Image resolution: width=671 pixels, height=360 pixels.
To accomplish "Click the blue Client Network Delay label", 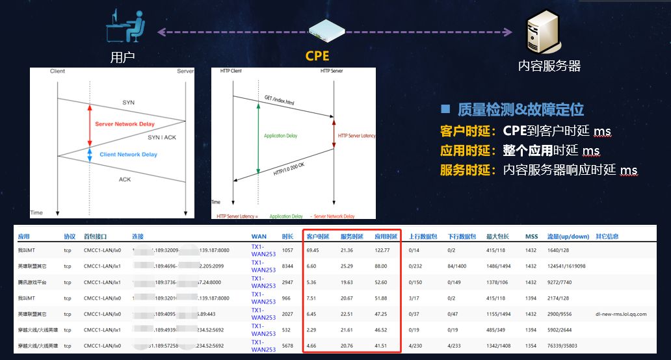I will (128, 155).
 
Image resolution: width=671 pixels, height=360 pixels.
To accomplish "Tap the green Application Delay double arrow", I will (259, 136).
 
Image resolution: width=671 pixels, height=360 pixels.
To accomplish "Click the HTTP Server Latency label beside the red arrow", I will (356, 136).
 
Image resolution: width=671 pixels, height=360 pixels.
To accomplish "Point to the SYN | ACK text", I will (161, 138).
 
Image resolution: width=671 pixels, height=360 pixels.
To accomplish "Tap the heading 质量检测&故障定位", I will (520, 109).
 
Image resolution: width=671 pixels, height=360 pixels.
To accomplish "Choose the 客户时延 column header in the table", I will (317, 237).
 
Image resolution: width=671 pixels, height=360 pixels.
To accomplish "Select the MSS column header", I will (531, 237).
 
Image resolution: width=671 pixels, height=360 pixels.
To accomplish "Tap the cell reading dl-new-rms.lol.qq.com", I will (621, 314).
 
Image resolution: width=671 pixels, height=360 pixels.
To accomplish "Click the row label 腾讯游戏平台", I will (33, 282).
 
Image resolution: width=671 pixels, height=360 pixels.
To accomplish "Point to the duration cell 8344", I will (288, 266).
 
